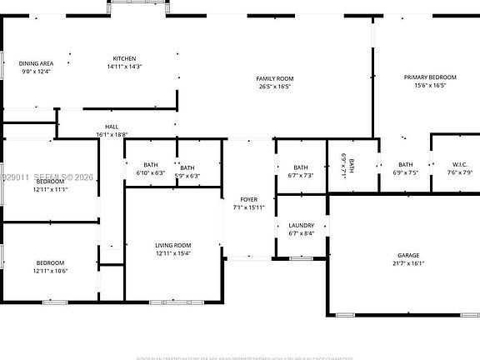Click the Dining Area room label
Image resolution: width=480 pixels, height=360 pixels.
(x=37, y=63)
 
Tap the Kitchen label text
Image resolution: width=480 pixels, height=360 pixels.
(x=125, y=58)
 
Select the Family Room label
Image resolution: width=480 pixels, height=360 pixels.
(x=274, y=78)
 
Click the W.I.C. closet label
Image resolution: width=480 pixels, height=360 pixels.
(x=460, y=164)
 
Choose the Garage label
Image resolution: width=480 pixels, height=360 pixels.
(x=407, y=255)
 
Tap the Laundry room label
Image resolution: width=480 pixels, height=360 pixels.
(x=301, y=226)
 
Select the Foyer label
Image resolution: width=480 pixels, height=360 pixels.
(x=248, y=200)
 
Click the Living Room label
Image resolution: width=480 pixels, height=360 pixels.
(x=172, y=245)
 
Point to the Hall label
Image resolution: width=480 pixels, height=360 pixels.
(x=111, y=127)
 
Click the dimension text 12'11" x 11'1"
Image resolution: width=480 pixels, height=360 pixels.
(x=50, y=189)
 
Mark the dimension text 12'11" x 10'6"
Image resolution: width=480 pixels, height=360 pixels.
(x=50, y=271)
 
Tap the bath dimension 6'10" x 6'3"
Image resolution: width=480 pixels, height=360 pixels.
(x=151, y=174)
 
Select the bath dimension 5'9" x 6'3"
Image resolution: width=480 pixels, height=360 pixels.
(x=187, y=176)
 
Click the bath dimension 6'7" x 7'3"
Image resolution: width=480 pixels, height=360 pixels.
(x=300, y=176)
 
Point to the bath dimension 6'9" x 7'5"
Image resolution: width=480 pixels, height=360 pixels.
(x=405, y=172)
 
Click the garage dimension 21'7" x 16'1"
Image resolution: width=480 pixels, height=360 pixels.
(x=407, y=263)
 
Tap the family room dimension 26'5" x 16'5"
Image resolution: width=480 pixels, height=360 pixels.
(x=274, y=86)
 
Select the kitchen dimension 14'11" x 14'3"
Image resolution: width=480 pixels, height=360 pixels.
(x=125, y=66)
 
